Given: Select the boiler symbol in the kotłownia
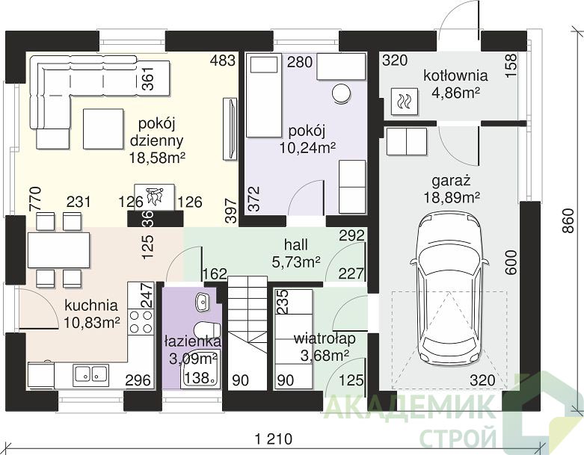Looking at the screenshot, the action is [x=404, y=101].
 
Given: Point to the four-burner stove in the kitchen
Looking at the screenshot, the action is [x=141, y=321].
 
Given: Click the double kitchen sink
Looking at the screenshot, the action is [x=91, y=373].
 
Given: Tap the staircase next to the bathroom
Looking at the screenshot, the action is [x=248, y=332].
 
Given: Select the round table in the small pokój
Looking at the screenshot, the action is [x=341, y=93].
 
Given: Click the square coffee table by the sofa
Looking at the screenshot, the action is [x=103, y=129].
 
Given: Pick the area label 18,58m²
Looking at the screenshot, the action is [x=157, y=158].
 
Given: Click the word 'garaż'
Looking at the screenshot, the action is [x=452, y=182].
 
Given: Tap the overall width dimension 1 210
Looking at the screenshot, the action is [x=274, y=439].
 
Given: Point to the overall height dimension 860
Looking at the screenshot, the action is [x=568, y=220].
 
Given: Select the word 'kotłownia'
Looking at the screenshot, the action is [x=455, y=75].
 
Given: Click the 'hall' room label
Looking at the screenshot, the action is [x=296, y=245].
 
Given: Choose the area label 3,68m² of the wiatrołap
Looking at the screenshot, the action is [x=325, y=356].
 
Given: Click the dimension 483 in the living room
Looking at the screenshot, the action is [x=223, y=61].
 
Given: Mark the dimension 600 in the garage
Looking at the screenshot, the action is [x=511, y=263].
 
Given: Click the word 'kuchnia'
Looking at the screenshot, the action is [x=91, y=306].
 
